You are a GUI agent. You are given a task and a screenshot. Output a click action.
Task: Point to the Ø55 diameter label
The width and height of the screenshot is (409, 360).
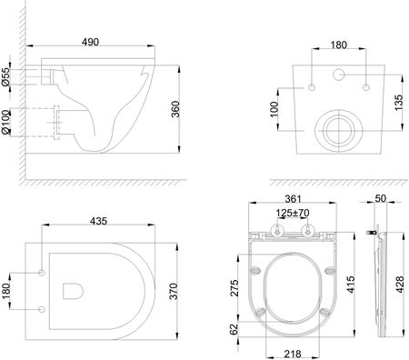coord(6,76)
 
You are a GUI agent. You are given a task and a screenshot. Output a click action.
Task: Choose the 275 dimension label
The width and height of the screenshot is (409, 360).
coord(234,288)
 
